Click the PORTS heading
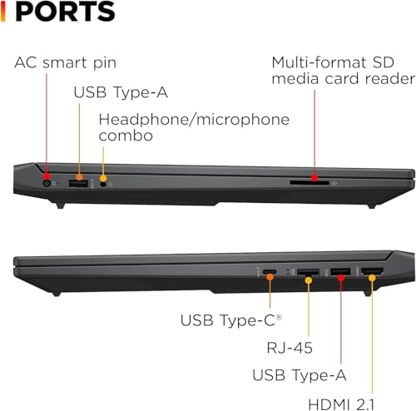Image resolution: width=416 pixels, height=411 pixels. [65, 11]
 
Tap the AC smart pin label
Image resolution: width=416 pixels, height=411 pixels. [66, 62]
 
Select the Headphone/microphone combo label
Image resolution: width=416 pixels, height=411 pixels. [194, 127]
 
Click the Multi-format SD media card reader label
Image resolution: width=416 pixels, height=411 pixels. [344, 71]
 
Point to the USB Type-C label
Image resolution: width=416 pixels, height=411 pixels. [231, 320]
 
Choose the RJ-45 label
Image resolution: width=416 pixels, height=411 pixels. [290, 348]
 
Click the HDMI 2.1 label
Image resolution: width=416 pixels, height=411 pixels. [341, 404]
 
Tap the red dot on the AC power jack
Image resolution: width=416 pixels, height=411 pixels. [47, 176]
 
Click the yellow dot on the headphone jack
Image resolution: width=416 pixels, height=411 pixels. [103, 178]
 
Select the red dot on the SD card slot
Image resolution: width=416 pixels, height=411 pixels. [314, 178]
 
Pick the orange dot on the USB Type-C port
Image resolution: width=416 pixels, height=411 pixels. [270, 277]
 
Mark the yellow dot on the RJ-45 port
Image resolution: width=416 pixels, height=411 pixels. [309, 280]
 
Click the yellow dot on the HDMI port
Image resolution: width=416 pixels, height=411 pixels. [372, 278]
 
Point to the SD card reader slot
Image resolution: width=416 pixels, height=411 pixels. [310, 183]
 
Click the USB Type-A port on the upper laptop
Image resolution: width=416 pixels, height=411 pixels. [78, 184]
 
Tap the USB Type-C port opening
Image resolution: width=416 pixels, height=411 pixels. [270, 271]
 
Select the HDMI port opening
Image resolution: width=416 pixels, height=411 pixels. [373, 271]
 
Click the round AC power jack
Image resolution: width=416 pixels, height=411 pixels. [47, 183]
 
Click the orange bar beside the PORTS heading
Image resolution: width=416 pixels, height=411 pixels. [3, 11]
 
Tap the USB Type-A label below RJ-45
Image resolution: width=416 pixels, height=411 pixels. [300, 375]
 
